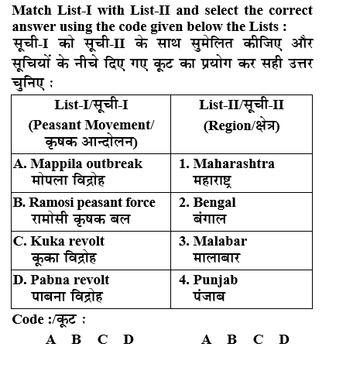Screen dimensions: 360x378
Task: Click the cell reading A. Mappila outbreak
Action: click(78, 163)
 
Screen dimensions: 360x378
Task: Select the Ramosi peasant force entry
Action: click(84, 202)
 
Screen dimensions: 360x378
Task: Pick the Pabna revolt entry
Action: click(62, 280)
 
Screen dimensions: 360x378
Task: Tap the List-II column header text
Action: click(241, 105)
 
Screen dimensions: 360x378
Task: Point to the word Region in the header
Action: click(228, 124)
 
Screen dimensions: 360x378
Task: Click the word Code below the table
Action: click(28, 319)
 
